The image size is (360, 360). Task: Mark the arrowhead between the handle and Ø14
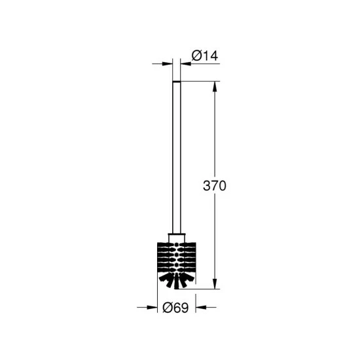185,64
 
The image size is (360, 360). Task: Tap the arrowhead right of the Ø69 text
202,307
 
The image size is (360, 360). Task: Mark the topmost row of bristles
177,244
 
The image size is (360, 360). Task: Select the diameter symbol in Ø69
166,307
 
